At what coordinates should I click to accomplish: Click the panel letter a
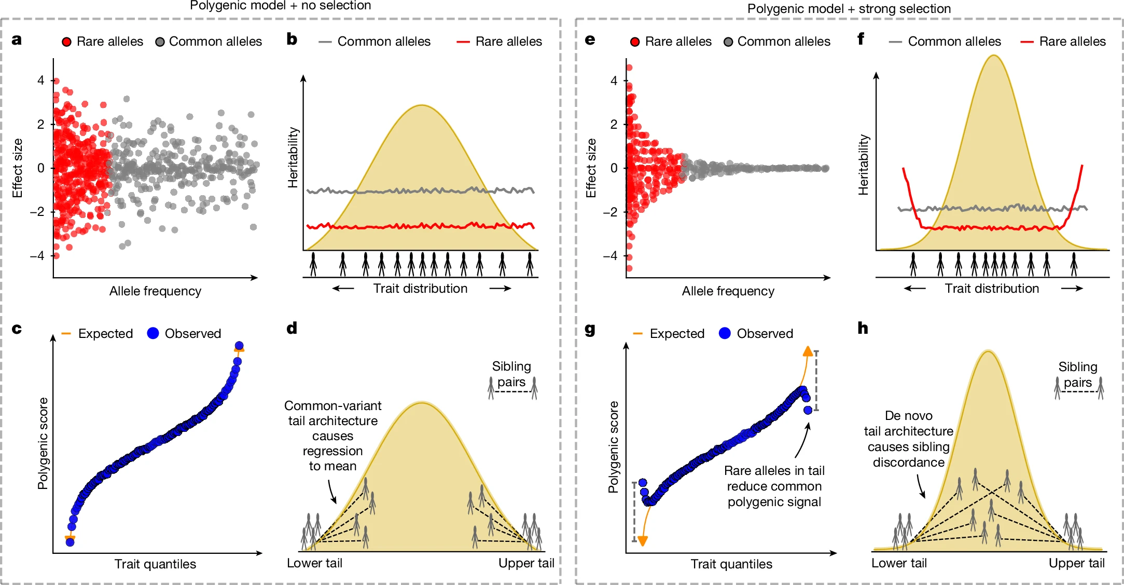(x=17, y=40)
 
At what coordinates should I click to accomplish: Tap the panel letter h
(x=863, y=328)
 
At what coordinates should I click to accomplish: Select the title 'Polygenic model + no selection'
(x=281, y=6)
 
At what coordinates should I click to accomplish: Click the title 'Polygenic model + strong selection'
(x=849, y=9)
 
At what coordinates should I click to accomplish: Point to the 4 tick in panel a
(x=40, y=80)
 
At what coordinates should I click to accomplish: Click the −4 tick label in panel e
(x=610, y=255)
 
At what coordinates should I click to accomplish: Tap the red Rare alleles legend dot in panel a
(x=66, y=42)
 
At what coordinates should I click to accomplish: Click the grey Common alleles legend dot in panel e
(x=728, y=42)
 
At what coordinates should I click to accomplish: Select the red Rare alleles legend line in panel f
(x=1026, y=42)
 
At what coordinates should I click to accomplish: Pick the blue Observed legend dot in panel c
(x=153, y=333)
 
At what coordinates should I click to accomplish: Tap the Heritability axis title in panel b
(x=293, y=157)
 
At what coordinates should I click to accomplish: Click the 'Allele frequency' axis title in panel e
(x=728, y=291)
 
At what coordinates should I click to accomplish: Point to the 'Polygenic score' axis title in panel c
(x=43, y=443)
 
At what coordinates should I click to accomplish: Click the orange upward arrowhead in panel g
(x=808, y=351)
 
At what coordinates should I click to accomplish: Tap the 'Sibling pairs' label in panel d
(x=511, y=374)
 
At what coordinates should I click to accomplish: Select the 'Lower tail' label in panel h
(x=899, y=563)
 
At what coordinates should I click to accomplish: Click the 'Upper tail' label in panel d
(x=526, y=563)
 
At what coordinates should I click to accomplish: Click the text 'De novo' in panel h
(x=909, y=416)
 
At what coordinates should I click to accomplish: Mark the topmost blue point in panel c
(x=239, y=346)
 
